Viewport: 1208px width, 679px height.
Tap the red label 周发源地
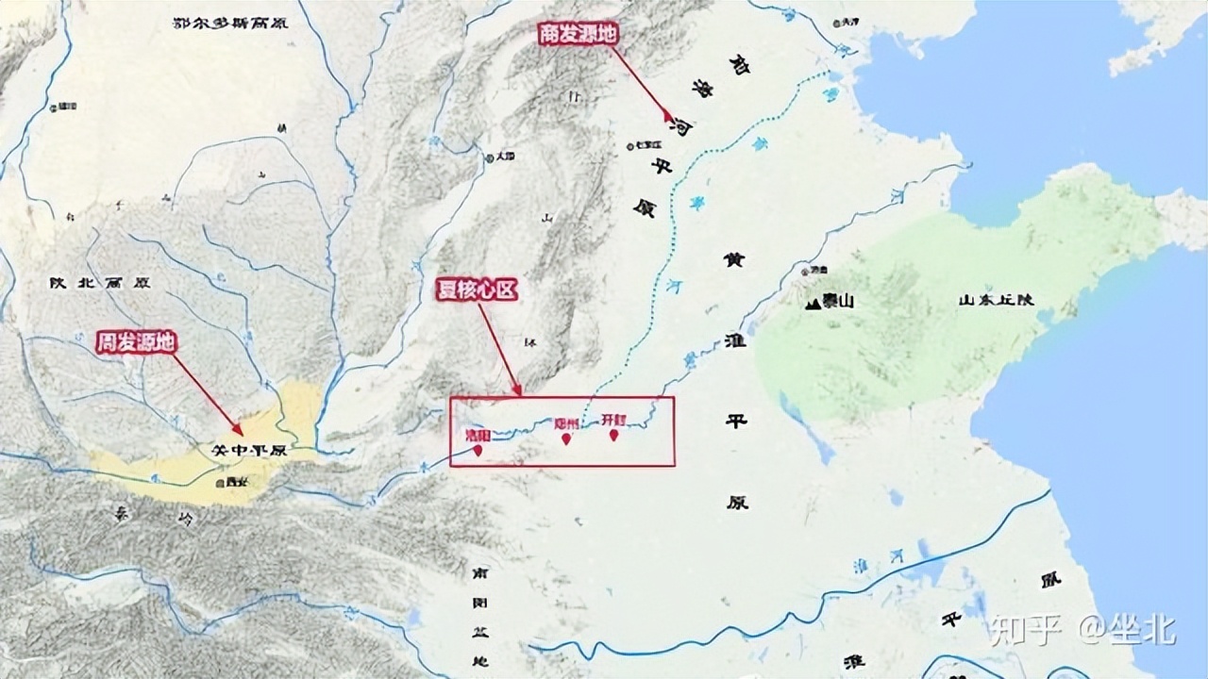pos(136,341)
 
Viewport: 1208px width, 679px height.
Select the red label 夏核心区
pos(478,290)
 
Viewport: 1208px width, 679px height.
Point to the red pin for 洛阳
pos(478,451)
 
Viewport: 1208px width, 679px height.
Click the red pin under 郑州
pos(566,439)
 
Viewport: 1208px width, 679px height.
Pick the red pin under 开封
pos(614,436)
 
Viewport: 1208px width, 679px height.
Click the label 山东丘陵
pos(997,300)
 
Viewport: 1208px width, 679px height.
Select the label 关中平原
pos(249,451)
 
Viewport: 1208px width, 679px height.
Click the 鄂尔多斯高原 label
pos(231,21)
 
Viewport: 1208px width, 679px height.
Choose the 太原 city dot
pos(489,157)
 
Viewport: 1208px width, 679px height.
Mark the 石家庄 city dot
pos(629,146)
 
